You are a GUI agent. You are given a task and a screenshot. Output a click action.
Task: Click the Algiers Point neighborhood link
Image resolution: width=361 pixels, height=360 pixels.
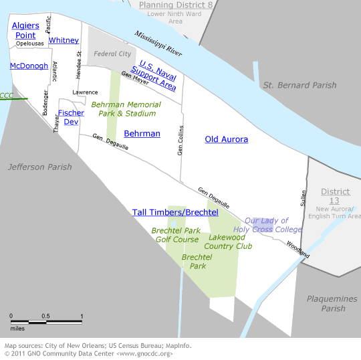pyautogui.click(x=25, y=30)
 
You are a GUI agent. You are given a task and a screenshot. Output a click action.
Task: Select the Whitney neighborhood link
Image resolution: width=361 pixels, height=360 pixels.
pyautogui.click(x=64, y=40)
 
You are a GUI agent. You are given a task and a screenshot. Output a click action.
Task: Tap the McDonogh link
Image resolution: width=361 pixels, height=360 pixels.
pyautogui.click(x=29, y=66)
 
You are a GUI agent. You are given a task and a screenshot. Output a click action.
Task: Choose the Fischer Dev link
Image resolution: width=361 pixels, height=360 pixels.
pyautogui.click(x=71, y=117)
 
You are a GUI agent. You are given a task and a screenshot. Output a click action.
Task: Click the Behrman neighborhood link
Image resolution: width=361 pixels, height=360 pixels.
pyautogui.click(x=142, y=133)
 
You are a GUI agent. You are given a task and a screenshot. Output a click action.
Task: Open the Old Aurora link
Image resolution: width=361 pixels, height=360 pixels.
pyautogui.click(x=226, y=139)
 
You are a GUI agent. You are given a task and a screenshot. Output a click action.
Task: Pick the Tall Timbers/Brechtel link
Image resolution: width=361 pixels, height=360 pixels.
pyautogui.click(x=175, y=212)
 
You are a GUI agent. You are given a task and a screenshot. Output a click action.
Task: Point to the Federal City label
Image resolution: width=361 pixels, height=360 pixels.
pyautogui.click(x=112, y=54)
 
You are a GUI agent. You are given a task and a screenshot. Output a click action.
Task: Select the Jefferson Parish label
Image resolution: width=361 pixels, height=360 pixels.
pyautogui.click(x=39, y=167)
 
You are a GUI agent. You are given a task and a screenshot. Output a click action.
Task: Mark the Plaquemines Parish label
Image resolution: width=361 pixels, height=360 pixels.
pyautogui.click(x=332, y=304)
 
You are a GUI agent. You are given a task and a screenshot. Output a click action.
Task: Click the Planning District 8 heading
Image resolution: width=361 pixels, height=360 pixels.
pyautogui.click(x=174, y=5)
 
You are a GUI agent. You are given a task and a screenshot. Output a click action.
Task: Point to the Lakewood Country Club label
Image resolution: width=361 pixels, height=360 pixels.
pyautogui.click(x=228, y=242)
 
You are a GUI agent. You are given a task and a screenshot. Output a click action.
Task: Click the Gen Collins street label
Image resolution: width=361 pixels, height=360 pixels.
pyautogui.click(x=180, y=141)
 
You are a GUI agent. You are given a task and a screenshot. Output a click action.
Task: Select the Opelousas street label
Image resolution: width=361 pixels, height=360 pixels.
pyautogui.click(x=30, y=43)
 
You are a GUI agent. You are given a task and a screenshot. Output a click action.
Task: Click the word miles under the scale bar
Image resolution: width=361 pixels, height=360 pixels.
pyautogui.click(x=17, y=328)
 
